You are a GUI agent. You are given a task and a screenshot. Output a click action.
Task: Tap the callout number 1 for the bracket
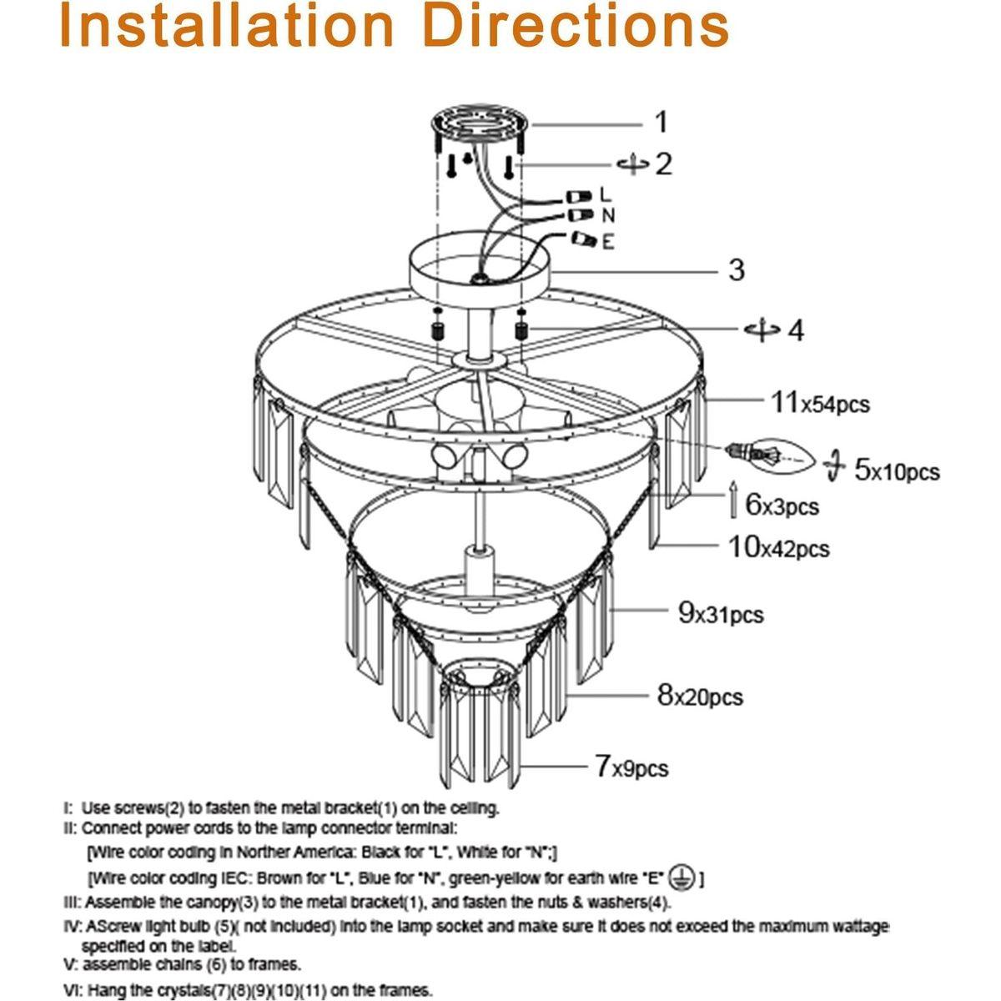661,123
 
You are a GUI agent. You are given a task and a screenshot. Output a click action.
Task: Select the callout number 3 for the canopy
736,269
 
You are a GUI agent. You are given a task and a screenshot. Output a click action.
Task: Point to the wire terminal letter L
606,194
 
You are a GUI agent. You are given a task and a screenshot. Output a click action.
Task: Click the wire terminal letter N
608,216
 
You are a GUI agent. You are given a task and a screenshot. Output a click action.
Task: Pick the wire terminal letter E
607,242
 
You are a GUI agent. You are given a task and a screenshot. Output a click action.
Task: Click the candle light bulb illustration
771,454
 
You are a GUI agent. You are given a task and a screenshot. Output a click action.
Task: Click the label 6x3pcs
782,506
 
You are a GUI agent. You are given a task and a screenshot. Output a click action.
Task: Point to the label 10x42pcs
779,548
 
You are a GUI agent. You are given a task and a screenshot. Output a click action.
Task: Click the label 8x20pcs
700,695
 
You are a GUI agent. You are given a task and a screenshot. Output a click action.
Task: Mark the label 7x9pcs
631,766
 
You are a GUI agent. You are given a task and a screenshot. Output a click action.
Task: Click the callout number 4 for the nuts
796,329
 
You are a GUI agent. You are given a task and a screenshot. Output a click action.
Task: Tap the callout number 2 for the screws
663,163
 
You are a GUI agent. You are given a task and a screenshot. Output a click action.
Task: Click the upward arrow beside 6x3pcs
732,499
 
